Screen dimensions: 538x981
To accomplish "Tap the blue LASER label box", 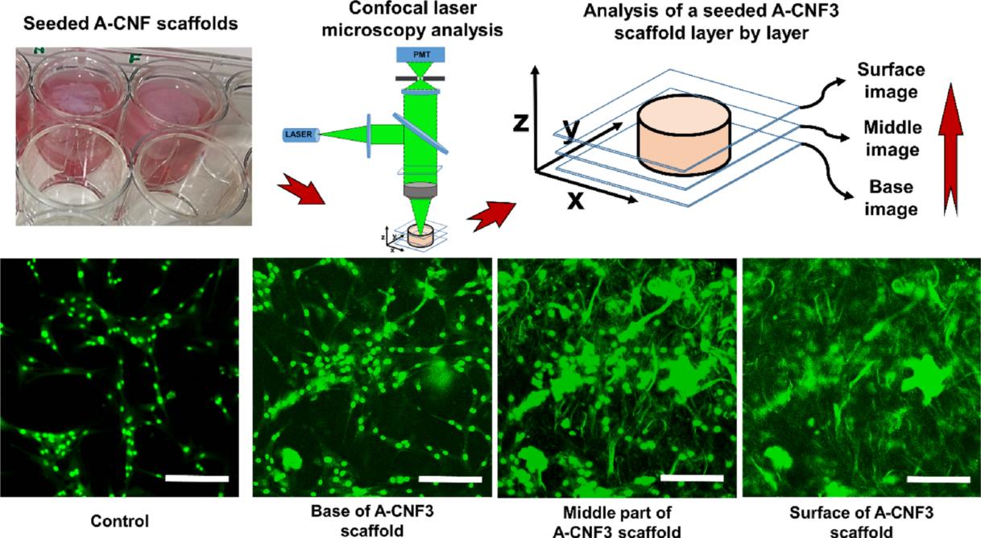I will [301, 134].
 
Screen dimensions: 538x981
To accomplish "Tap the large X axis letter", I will [574, 199].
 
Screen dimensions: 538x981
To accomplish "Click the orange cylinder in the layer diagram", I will [683, 136].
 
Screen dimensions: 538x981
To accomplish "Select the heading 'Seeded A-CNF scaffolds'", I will [130, 23].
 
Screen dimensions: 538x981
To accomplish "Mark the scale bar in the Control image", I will [197, 479].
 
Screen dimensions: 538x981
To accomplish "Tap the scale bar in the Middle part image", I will [691, 479].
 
